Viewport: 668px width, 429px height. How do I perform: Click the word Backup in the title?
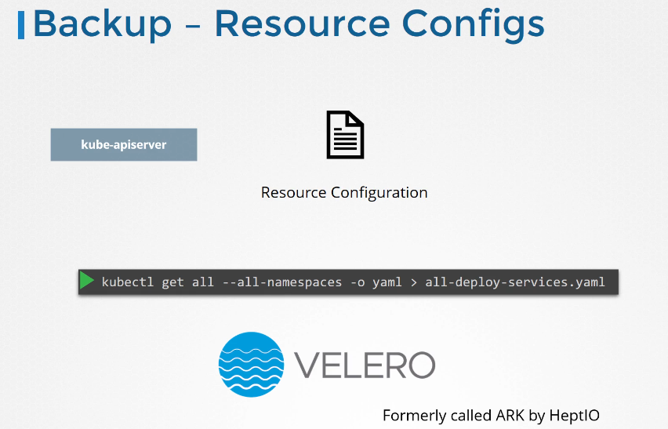click(102, 24)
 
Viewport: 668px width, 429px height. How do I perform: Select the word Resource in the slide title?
click(302, 24)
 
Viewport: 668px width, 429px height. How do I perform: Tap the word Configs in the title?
click(473, 26)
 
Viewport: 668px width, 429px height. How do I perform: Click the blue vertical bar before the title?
click(21, 25)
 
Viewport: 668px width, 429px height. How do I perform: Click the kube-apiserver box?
click(124, 144)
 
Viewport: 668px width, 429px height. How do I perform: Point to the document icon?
click(345, 135)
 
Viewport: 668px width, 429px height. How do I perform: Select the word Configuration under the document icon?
click(379, 193)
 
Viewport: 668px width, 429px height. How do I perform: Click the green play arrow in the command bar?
click(86, 281)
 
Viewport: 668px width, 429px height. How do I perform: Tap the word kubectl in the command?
click(127, 282)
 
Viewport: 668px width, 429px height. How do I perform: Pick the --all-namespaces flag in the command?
click(282, 282)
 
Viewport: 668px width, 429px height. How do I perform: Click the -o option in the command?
click(357, 282)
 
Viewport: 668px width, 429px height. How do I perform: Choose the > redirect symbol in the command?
click(413, 282)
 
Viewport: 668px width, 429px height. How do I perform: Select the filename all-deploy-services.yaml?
click(514, 282)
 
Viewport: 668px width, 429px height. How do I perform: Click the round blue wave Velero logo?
click(252, 365)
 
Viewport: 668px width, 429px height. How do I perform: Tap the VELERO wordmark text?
click(365, 365)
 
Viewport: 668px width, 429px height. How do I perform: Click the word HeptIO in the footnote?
click(574, 416)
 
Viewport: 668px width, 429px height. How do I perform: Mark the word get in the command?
click(172, 283)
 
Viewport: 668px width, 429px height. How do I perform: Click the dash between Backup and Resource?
click(193, 27)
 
